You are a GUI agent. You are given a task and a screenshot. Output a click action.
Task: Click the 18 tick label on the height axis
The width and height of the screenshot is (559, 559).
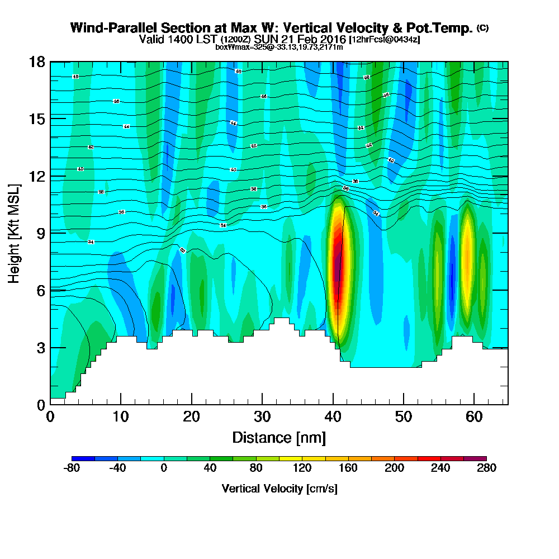pyautogui.click(x=37, y=61)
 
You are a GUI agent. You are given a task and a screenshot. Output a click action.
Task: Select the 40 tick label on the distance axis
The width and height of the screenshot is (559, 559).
pyautogui.click(x=333, y=417)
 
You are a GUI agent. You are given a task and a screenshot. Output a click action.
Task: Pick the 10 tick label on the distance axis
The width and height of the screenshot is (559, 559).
pyautogui.click(x=121, y=417)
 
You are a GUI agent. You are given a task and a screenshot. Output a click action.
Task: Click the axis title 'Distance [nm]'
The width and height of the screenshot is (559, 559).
pyautogui.click(x=279, y=437)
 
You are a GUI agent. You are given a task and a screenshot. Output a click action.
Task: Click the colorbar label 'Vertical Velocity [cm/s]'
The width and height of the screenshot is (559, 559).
pyautogui.click(x=279, y=489)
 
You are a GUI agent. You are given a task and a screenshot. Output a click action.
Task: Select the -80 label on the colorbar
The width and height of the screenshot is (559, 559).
pyautogui.click(x=72, y=468)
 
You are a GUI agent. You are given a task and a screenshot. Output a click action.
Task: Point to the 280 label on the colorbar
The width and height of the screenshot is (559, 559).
pyautogui.click(x=486, y=468)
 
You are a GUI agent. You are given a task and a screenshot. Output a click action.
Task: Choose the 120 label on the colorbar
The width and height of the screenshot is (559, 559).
pyautogui.click(x=302, y=468)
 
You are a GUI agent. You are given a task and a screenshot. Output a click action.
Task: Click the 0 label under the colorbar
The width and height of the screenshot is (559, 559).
pyautogui.click(x=164, y=468)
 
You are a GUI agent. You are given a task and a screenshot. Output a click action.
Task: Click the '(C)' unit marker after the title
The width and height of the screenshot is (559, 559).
pyautogui.click(x=482, y=28)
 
